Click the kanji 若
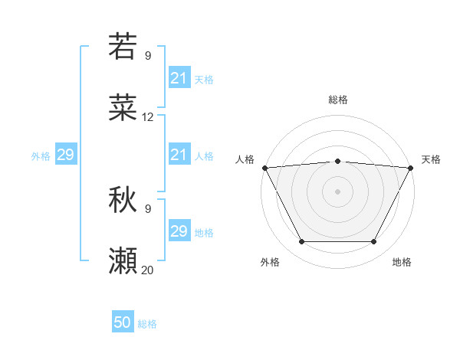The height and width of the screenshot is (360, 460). tap(123, 47)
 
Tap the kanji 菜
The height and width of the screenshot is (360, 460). tap(123, 108)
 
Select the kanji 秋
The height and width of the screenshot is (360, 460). tap(123, 200)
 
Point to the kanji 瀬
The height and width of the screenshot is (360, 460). tap(123, 261)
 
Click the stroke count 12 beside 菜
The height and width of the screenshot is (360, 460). tap(148, 117)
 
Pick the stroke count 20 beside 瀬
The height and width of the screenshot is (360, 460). tap(148, 270)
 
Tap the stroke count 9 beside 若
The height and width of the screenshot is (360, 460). tap(148, 55)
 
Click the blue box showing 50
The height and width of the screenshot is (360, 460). tap(123, 323)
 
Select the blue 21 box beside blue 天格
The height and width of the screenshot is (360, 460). tap(179, 78)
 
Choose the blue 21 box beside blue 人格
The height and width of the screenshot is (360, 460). tap(179, 155)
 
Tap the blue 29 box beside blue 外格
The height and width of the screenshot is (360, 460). tap(65, 155)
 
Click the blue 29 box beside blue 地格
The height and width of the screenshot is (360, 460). tap(179, 231)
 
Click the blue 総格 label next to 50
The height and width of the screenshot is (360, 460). tap(147, 324)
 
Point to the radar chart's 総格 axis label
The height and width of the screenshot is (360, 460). tap(337, 100)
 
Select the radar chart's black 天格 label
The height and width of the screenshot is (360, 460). tap(431, 159)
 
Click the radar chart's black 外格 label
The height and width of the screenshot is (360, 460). tap(270, 262)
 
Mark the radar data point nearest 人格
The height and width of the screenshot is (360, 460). tap(264, 167)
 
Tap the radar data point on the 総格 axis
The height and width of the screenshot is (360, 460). tap(337, 161)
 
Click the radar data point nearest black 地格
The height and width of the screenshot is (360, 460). tap(373, 242)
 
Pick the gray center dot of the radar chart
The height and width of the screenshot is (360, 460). tap(337, 191)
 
